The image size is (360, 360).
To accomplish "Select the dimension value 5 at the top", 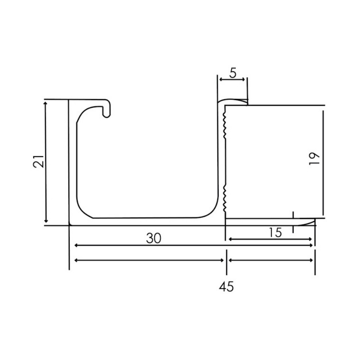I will click(233, 73).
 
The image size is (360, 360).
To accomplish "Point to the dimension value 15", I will click(275, 232).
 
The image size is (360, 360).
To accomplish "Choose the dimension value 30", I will click(154, 238).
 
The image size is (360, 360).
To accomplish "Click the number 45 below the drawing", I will click(226, 286).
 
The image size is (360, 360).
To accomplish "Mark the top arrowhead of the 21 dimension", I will click(46, 102).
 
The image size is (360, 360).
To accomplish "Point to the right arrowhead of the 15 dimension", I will click(311, 239).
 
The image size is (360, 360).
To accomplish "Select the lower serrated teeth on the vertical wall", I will click(223, 197).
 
